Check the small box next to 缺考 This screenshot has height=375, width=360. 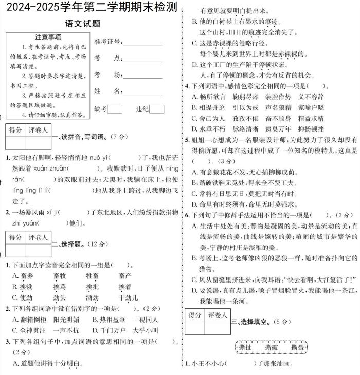tap(116, 109)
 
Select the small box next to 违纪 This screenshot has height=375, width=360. tap(156, 109)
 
